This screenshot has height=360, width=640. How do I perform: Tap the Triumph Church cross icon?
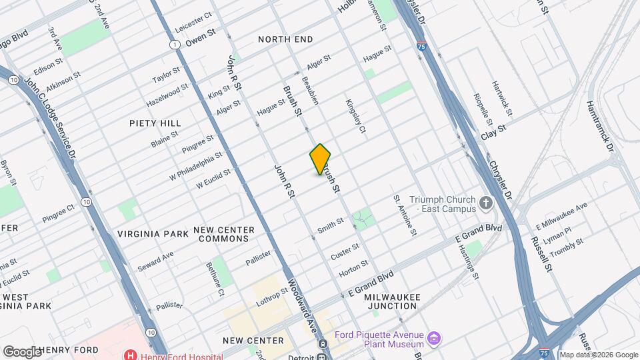click(487, 203)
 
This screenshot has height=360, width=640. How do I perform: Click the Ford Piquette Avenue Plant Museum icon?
click(434, 339)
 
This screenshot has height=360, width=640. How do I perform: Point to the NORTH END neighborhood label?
click(285, 40)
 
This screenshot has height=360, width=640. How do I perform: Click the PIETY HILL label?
click(155, 123)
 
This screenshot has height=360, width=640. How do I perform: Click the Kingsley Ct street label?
click(355, 115)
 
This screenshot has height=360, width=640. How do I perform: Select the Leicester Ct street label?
click(193, 23)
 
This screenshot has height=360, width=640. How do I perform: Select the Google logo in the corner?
click(21, 351)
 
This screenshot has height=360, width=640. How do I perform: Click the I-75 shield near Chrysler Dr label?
click(423, 46)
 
